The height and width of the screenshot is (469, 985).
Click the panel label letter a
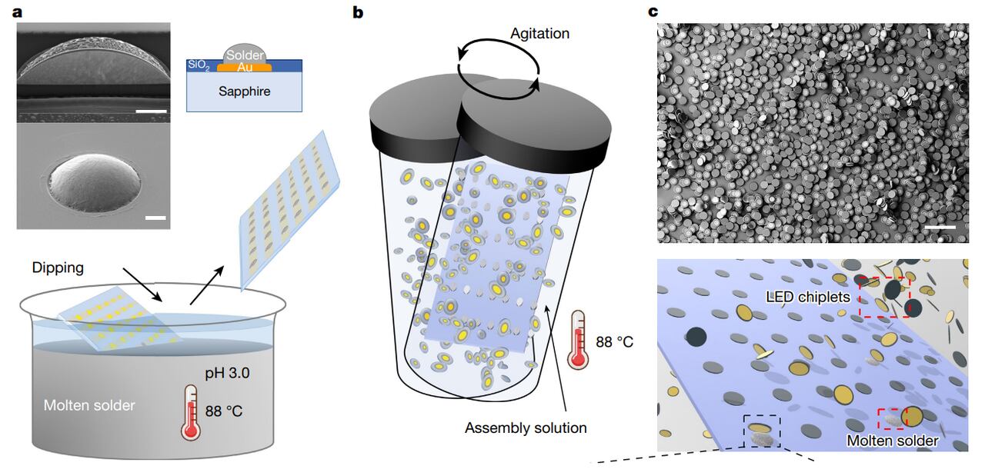[x=8, y=12]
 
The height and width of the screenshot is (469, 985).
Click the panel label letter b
[x=357, y=12]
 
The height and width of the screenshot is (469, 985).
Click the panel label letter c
[x=653, y=12]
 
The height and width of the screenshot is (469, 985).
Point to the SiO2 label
[x=199, y=65]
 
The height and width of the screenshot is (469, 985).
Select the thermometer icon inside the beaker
[x=190, y=412]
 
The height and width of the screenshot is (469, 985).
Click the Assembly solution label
[x=526, y=427]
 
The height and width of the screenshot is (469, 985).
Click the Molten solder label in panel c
[x=893, y=441]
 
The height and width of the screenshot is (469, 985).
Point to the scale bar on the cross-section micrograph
[x=151, y=112]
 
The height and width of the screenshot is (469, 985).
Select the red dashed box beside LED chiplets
[x=884, y=296]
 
